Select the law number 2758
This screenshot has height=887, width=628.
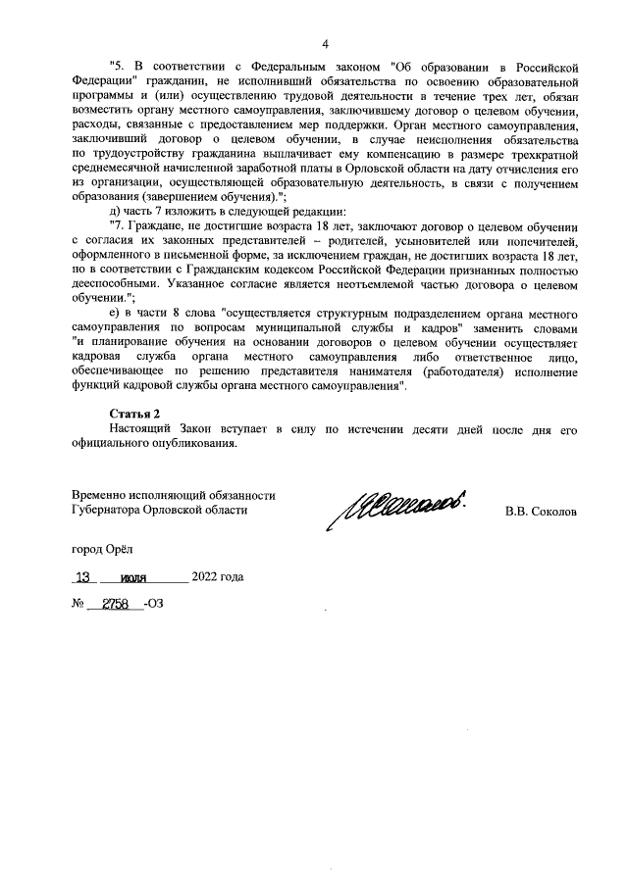pos(116,603)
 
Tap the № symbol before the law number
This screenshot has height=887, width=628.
pos(78,604)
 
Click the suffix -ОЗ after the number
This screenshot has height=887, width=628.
pos(153,604)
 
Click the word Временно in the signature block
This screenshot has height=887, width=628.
pos(101,496)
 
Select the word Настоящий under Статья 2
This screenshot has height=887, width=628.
pos(142,429)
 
